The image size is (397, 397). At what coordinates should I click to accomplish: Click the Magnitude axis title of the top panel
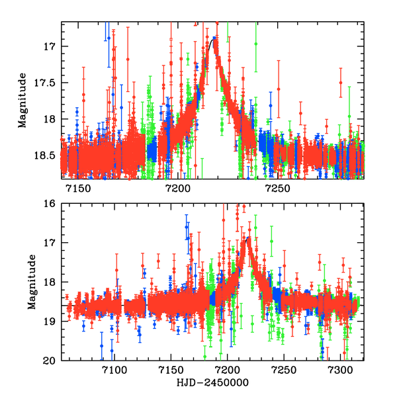(x=22, y=101)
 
